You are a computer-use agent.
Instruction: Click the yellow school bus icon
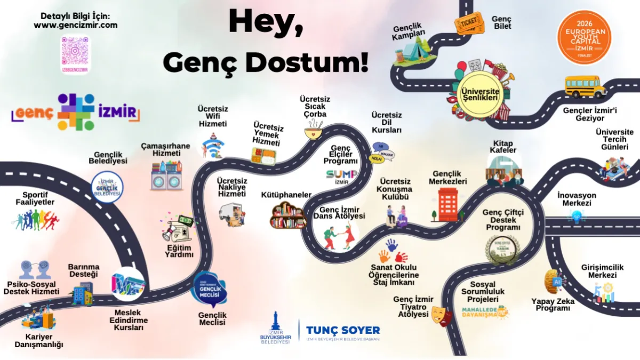click(x=585, y=86)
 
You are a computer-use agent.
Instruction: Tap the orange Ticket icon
click(x=468, y=23)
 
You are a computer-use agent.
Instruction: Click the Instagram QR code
click(x=75, y=54)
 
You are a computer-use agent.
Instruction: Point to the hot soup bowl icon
click(x=314, y=130)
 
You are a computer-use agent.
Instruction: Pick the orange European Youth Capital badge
click(x=584, y=37)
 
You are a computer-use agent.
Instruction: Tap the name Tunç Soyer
click(x=343, y=330)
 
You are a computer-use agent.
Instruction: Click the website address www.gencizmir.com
click(x=75, y=25)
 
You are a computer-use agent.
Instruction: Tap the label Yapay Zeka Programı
click(x=553, y=305)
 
